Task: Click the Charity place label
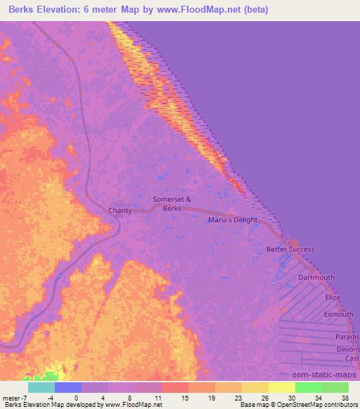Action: point(120,210)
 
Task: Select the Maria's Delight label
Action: point(233,220)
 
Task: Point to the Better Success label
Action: point(290,249)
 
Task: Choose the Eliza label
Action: point(332,297)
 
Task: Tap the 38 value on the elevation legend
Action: point(344,397)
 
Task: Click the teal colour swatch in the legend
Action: point(41,387)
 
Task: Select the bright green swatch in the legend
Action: point(308,387)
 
